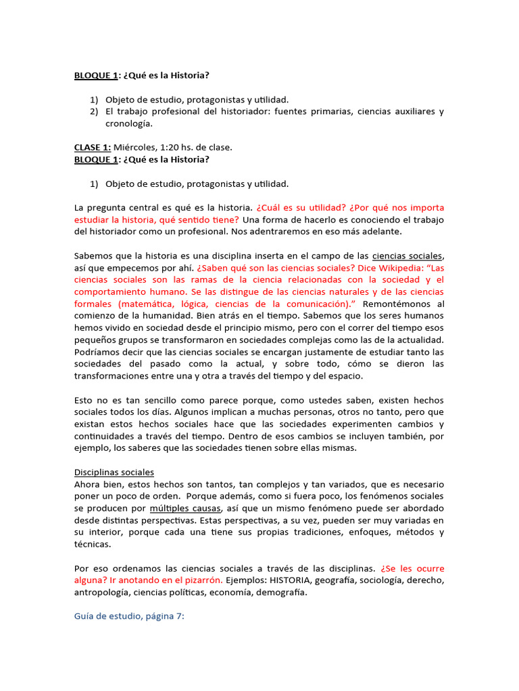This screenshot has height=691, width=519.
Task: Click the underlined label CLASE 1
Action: pyautogui.click(x=92, y=147)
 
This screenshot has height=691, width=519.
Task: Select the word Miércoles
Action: pyautogui.click(x=135, y=147)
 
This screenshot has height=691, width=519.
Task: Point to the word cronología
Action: pyautogui.click(x=128, y=123)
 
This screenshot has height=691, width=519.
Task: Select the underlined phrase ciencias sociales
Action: pyautogui.click(x=407, y=256)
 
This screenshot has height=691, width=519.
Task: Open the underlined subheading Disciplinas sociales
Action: pyautogui.click(x=114, y=472)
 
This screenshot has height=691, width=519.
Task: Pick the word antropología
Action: pyautogui.click(x=101, y=593)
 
